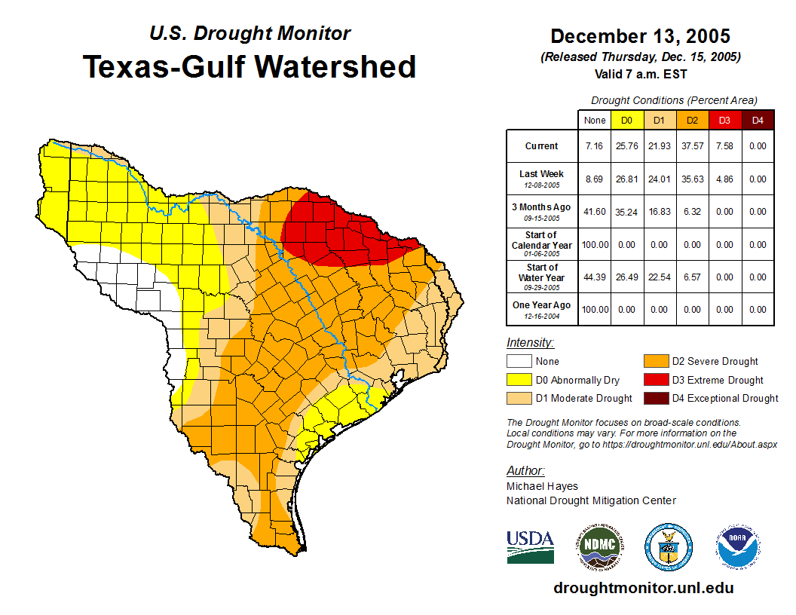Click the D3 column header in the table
[724, 120]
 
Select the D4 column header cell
[758, 120]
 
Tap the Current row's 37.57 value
[692, 146]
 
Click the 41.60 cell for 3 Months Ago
[594, 212]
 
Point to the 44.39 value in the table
[594, 277]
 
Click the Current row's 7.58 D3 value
[724, 146]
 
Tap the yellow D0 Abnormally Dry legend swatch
[519, 380]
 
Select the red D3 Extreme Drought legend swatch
[656, 380]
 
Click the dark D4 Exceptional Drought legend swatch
[656, 398]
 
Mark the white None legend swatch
[519, 362]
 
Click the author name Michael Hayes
[542, 486]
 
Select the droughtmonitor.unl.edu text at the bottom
[643, 588]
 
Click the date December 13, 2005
[640, 36]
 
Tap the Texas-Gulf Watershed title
[250, 66]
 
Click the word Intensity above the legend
[530, 343]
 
